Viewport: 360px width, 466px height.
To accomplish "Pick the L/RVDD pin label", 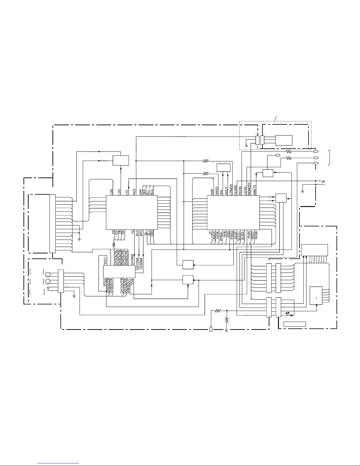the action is (x=231, y=188).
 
